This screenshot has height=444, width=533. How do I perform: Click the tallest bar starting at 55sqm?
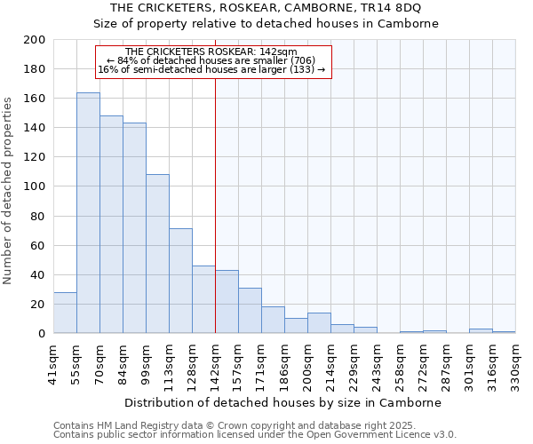(x=88, y=213)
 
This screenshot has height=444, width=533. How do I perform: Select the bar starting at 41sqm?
(x=65, y=313)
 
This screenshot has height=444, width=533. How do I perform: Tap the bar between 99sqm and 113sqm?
(x=157, y=254)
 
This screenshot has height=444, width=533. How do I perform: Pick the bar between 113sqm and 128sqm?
(x=180, y=281)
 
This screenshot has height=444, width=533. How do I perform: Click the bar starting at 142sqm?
(x=227, y=302)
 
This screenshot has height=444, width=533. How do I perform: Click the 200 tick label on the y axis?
(x=34, y=40)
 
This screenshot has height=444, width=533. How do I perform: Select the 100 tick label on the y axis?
(x=34, y=186)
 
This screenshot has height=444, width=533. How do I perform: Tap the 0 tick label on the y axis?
(x=41, y=334)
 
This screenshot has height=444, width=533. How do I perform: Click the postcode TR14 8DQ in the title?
(x=386, y=9)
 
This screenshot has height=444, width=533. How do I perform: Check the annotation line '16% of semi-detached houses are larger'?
(x=211, y=69)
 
